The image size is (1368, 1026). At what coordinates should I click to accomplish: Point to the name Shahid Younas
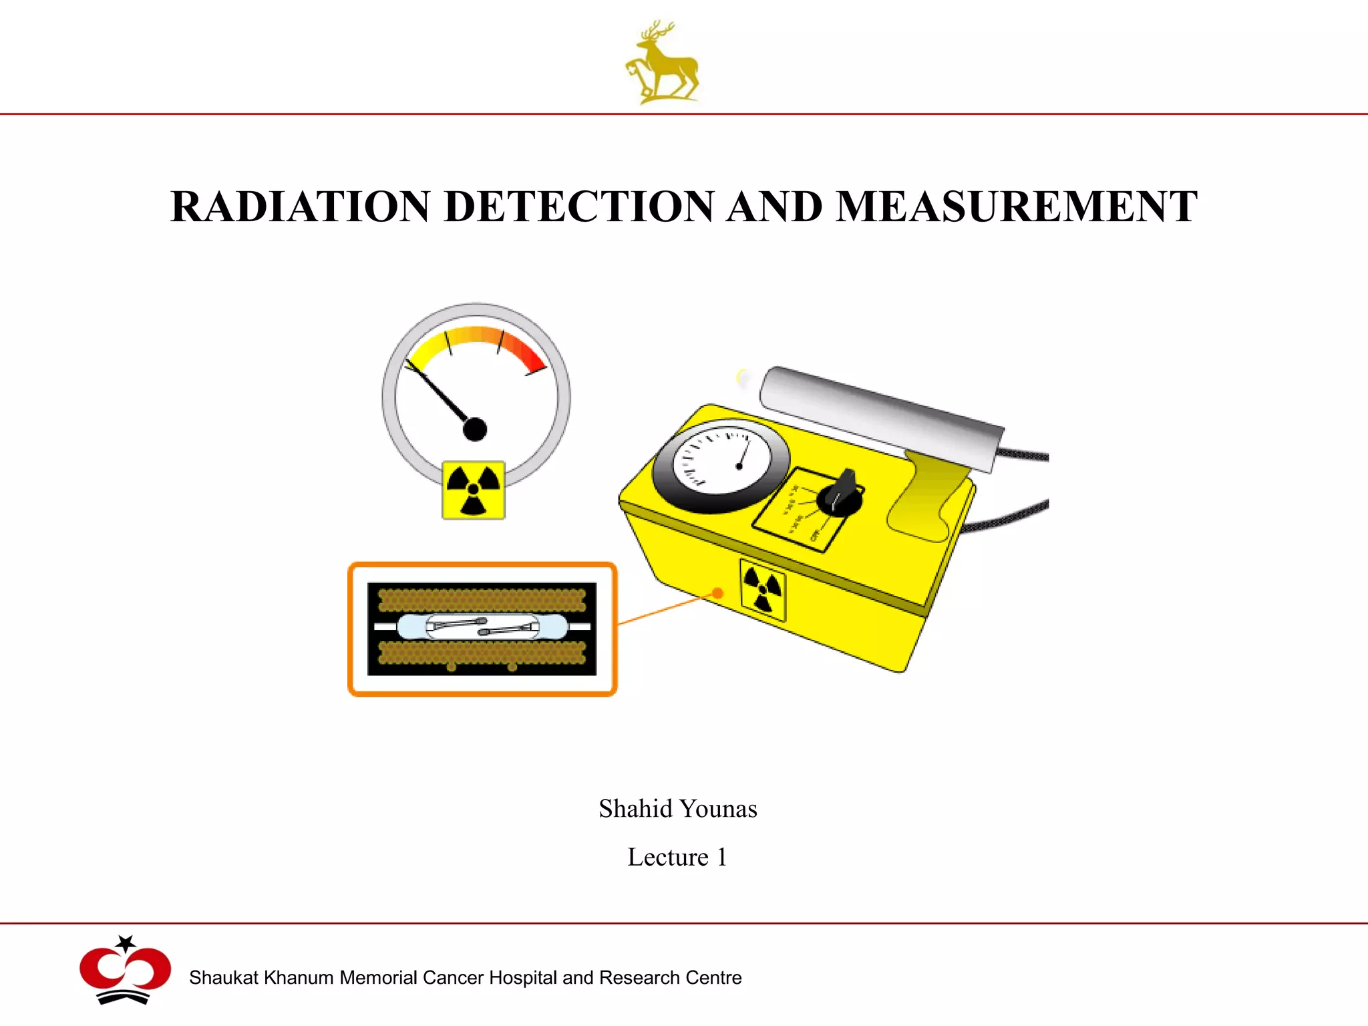coord(677,809)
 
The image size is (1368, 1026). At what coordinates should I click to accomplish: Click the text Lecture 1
coord(677,857)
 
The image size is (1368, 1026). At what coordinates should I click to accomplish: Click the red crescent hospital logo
coord(125,971)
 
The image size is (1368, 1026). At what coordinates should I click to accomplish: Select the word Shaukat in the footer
coord(223,978)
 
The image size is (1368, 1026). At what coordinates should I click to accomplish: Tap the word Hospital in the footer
coord(524,978)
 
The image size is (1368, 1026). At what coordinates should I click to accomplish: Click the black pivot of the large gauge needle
coord(475,430)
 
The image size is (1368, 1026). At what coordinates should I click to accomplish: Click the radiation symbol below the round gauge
coord(474,490)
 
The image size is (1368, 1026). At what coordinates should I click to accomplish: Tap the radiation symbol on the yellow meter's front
coord(763,590)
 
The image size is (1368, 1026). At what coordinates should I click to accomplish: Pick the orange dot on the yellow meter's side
coord(717,592)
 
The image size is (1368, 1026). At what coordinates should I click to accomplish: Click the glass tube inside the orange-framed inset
coord(482,627)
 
